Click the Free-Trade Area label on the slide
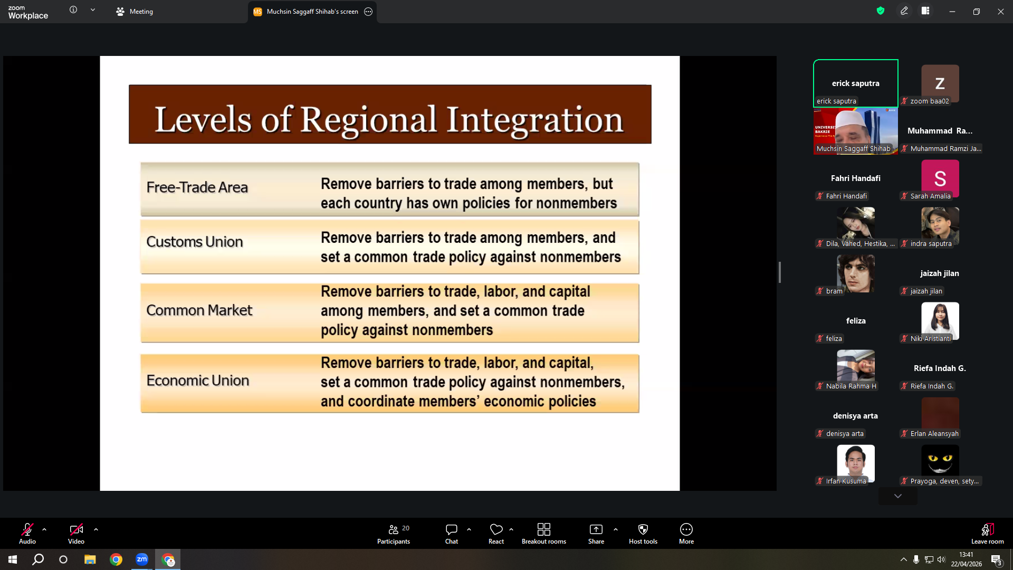(x=197, y=187)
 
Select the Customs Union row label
(x=194, y=242)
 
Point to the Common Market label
(x=199, y=310)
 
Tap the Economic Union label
(x=197, y=381)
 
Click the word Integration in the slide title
(x=534, y=120)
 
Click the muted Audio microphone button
(x=27, y=529)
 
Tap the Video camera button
(x=76, y=529)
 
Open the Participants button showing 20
(x=394, y=534)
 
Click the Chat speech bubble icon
(x=451, y=529)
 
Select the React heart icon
(x=496, y=529)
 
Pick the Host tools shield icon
(x=643, y=529)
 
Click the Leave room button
(x=987, y=534)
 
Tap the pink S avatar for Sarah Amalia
(x=940, y=178)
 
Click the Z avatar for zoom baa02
(x=940, y=83)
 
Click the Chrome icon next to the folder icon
(x=116, y=559)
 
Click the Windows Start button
(x=13, y=559)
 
